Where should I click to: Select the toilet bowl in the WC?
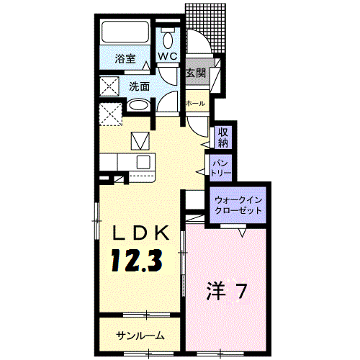(x=168, y=37)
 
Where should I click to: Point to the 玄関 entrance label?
(x=196, y=73)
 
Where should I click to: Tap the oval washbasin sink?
(x=139, y=107)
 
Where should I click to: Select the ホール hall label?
(x=195, y=104)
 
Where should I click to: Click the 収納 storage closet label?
(x=223, y=136)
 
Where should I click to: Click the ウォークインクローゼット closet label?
(x=237, y=202)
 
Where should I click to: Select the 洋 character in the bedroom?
(x=215, y=292)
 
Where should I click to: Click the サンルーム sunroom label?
(x=140, y=336)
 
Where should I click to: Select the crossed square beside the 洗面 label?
(x=109, y=86)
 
